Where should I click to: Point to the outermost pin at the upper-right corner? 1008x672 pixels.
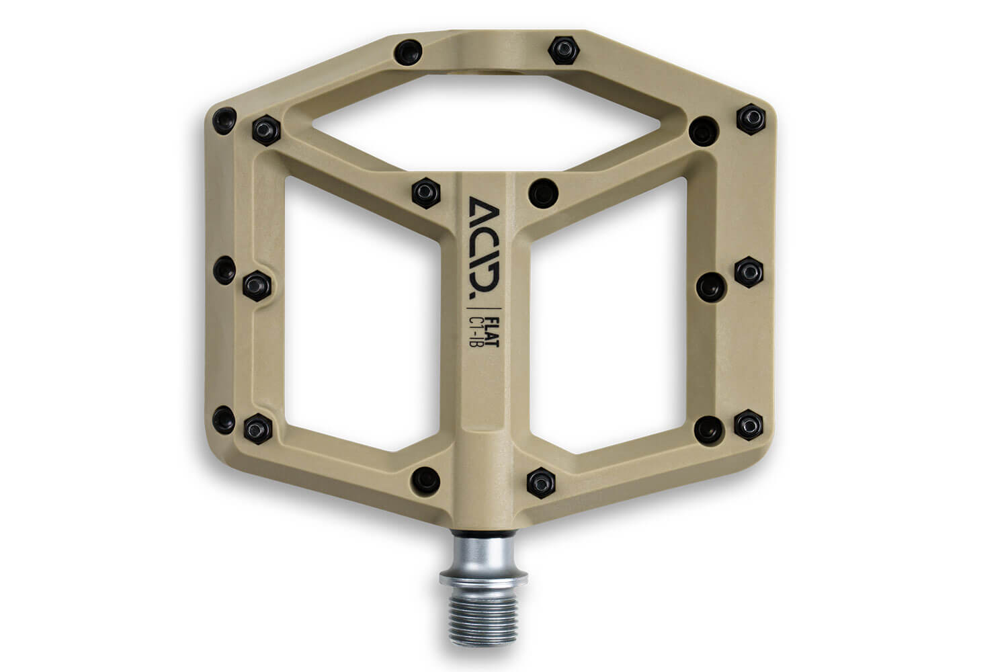pyautogui.click(x=750, y=118)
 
